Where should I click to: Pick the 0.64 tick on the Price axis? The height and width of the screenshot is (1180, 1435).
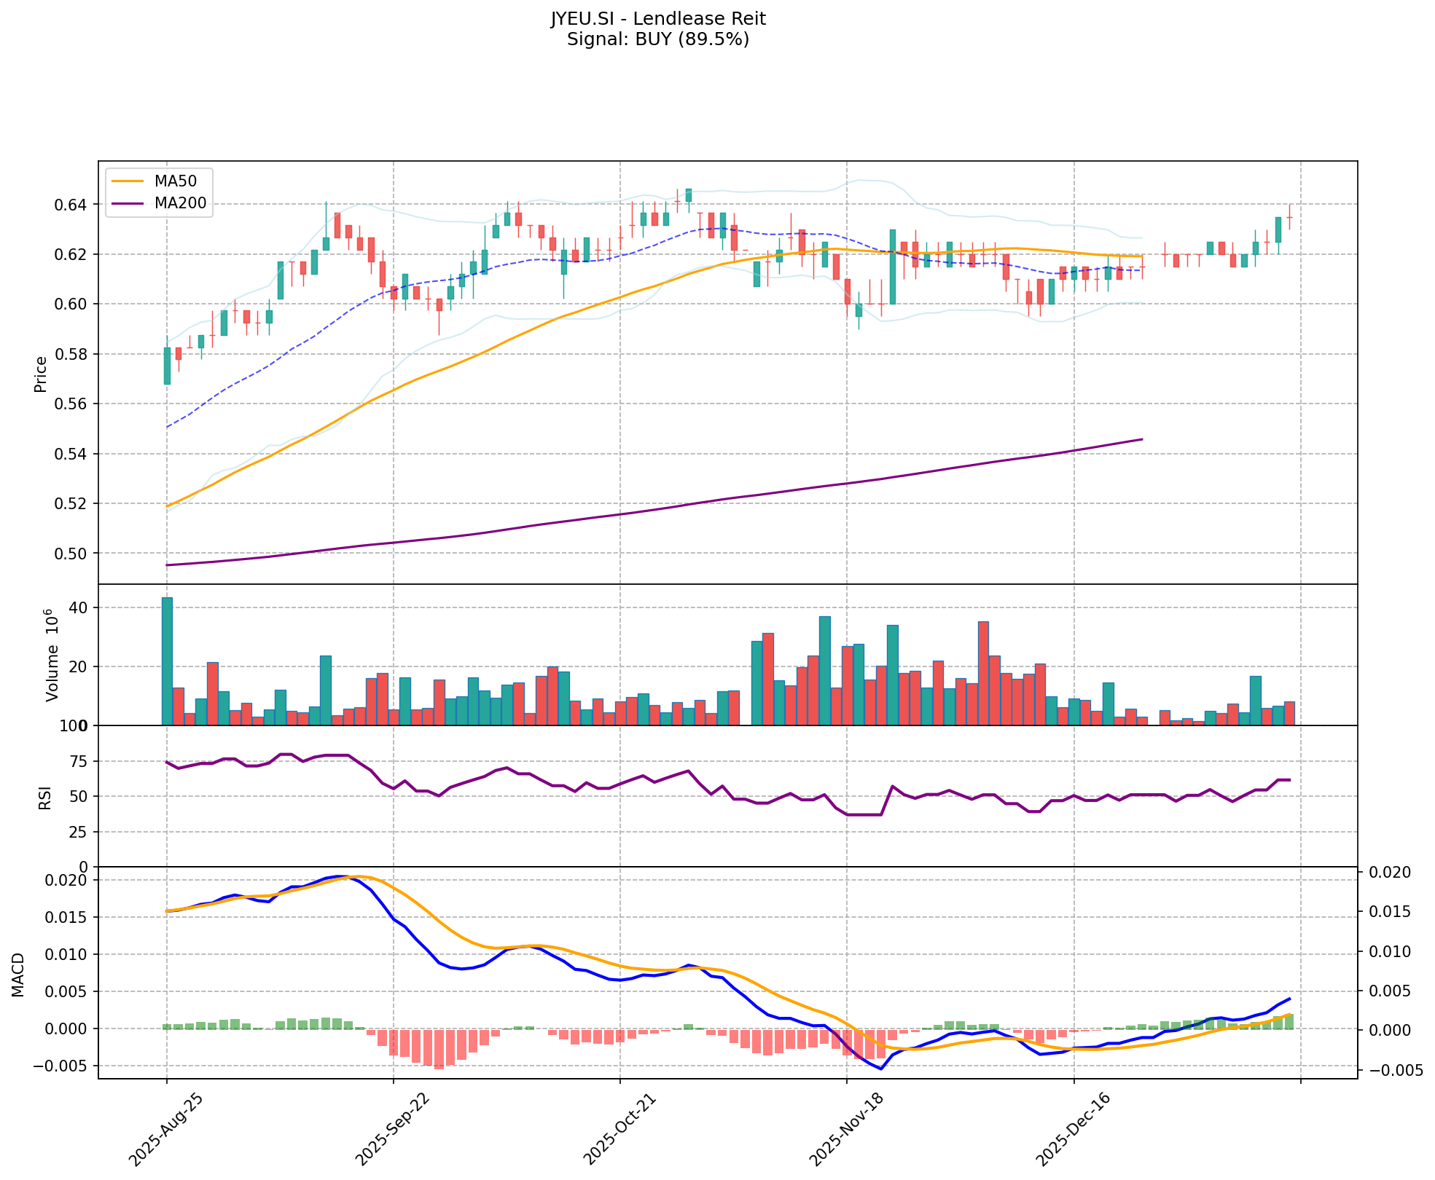click(72, 205)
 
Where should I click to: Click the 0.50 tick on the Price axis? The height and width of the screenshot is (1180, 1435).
click(72, 554)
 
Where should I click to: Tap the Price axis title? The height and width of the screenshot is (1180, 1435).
click(41, 374)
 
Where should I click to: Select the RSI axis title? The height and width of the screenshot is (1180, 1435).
click(45, 797)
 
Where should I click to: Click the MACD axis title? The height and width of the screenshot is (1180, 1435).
click(18, 975)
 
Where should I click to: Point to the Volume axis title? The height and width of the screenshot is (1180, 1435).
click(52, 655)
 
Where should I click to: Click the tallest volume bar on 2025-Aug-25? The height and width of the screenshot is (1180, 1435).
click(167, 661)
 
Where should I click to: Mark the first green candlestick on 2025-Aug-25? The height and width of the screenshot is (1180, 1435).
click(167, 366)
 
